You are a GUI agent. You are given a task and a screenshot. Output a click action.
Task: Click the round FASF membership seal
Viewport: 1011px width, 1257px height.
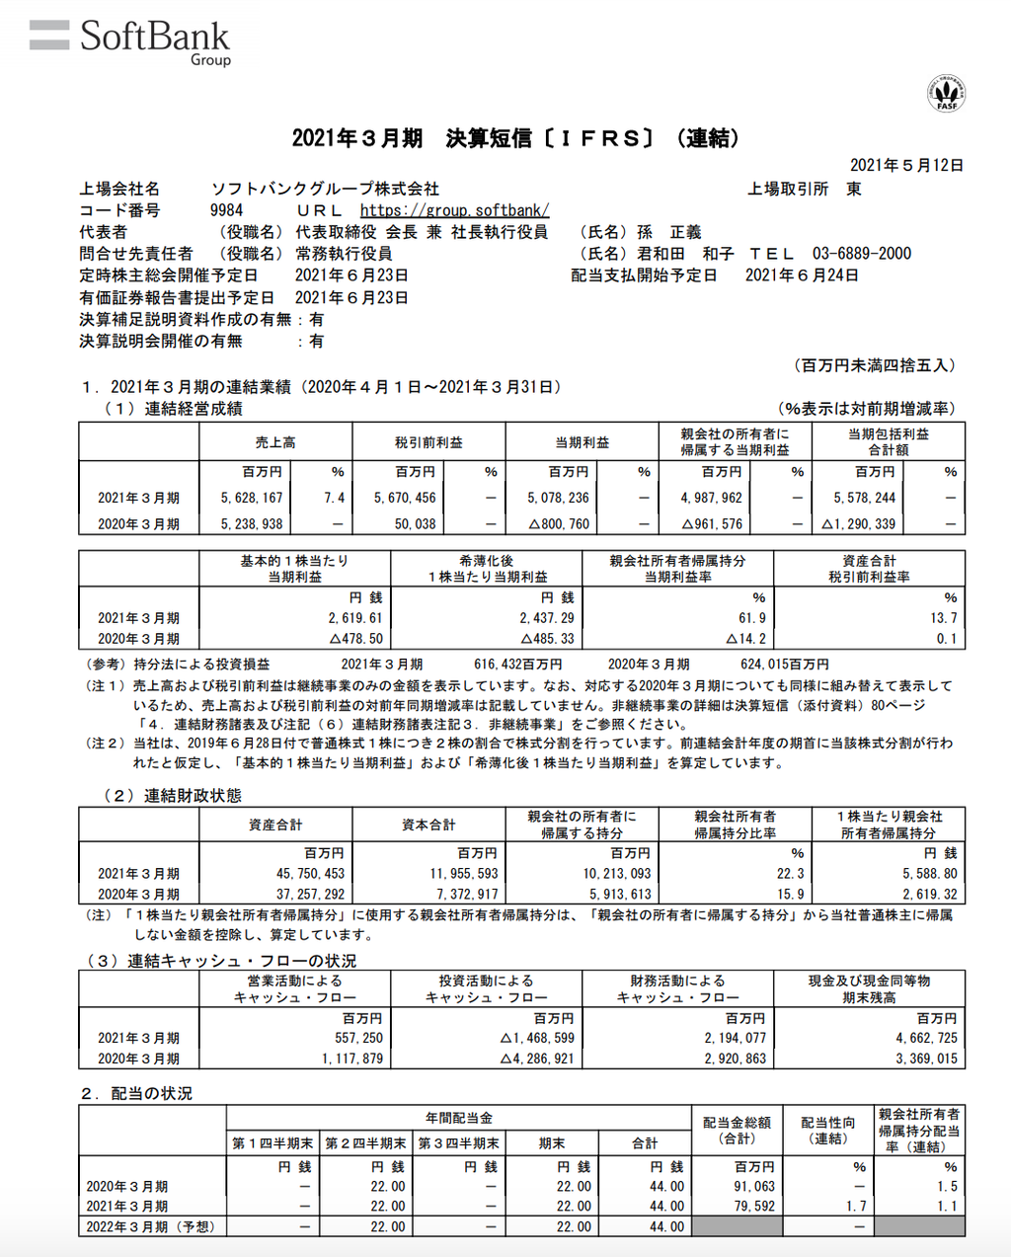pos(946,93)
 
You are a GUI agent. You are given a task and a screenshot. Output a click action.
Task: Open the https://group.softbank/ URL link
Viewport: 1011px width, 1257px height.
pos(454,210)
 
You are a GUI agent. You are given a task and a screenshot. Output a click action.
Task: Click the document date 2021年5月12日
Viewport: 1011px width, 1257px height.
pos(906,165)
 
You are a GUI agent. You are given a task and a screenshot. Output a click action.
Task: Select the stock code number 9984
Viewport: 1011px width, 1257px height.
pos(226,210)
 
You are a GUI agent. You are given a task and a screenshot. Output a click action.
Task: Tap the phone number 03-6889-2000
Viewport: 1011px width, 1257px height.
pos(861,254)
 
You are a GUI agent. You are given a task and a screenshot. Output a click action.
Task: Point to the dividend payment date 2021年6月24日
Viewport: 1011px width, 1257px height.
pos(802,275)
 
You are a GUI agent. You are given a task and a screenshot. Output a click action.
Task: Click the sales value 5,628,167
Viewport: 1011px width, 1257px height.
pos(252,498)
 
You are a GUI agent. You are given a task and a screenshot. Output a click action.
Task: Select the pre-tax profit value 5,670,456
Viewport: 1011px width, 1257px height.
pos(405,498)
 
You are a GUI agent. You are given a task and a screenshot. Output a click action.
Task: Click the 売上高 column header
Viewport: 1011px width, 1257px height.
pos(275,442)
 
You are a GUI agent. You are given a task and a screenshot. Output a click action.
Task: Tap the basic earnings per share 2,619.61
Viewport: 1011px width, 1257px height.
pos(354,618)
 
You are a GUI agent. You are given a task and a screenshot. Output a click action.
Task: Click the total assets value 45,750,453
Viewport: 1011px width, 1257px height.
pos(310,874)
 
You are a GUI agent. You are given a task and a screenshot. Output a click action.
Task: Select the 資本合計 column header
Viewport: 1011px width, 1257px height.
pos(428,825)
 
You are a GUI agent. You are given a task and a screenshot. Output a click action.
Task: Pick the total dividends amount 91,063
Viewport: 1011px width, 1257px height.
pos(754,1186)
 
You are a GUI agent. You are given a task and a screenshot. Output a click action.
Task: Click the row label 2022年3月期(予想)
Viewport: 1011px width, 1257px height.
pos(150,1226)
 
